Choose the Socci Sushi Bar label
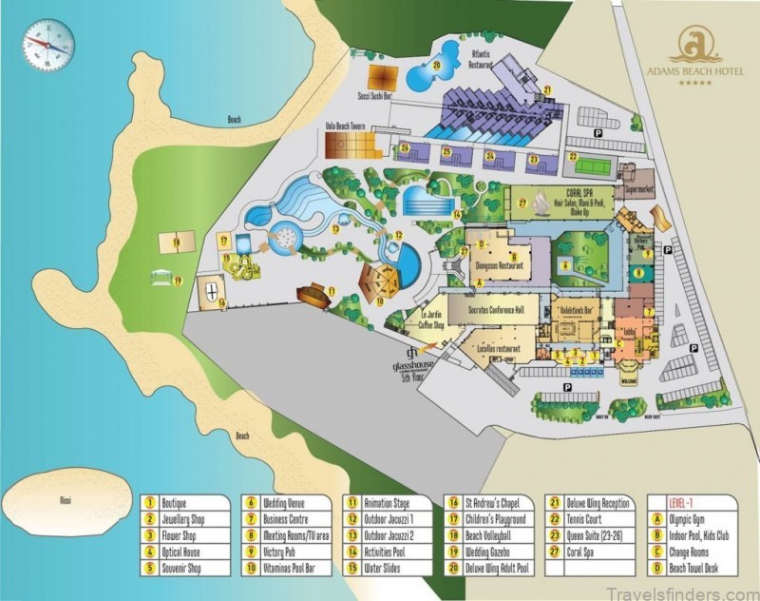click(x=376, y=96)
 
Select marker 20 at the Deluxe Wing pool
click(x=436, y=66)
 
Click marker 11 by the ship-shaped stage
click(x=332, y=290)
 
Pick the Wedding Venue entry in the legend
click(x=284, y=504)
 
